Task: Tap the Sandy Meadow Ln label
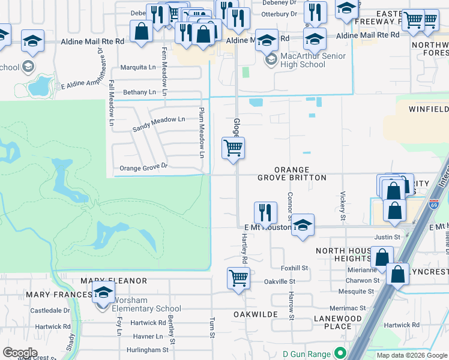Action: click(158, 124)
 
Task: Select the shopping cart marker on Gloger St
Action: click(233, 148)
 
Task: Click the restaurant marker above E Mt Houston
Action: click(265, 212)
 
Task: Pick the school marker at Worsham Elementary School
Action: click(104, 292)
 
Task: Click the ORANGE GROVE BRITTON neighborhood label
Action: click(292, 174)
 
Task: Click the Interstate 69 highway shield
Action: click(434, 205)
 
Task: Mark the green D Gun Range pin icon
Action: click(341, 353)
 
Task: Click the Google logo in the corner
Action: click(20, 353)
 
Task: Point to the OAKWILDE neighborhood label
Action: click(255, 314)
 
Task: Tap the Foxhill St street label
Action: click(294, 268)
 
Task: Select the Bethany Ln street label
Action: click(139, 92)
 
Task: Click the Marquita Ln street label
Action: click(138, 68)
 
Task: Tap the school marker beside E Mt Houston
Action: click(303, 224)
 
